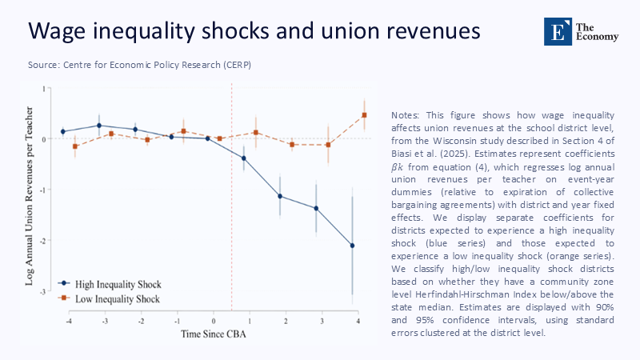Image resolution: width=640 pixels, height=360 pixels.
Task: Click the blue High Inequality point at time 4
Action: pyautogui.click(x=353, y=246)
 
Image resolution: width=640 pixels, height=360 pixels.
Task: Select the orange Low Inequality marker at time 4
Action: pyautogui.click(x=364, y=115)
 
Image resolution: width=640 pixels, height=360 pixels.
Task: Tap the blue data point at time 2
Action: pyautogui.click(x=280, y=196)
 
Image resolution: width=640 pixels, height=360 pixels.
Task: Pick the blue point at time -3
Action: pyautogui.click(x=99, y=126)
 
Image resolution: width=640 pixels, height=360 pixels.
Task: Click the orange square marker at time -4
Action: pyautogui.click(x=75, y=146)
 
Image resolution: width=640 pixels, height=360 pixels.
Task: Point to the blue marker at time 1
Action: pyautogui.click(x=244, y=158)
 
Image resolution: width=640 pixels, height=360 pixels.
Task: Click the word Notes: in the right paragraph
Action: pyautogui.click(x=409, y=116)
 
